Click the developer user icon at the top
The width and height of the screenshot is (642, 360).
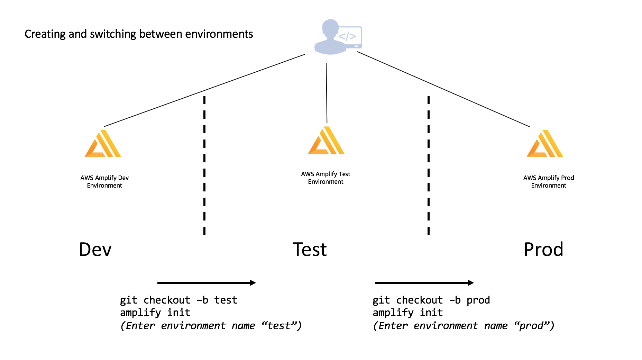coord(338,37)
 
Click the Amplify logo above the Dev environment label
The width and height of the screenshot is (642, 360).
coord(103,144)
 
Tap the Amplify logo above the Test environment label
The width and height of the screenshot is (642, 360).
coord(326,140)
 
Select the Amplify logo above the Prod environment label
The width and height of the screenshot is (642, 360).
coord(545,144)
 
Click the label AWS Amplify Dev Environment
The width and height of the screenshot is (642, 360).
coord(104,182)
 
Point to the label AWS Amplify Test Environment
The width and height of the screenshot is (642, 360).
coord(325,178)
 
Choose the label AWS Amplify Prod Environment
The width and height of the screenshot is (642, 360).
coord(549,182)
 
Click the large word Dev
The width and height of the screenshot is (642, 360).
coord(95,250)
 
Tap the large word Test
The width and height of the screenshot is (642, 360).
coord(310,250)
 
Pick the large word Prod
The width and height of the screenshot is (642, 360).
coord(543,250)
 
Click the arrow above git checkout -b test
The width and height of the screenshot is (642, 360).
coord(207,283)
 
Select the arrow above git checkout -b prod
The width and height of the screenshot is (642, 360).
coord(424,283)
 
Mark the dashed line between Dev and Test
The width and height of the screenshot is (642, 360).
coord(204,165)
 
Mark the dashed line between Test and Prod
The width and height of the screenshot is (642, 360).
coord(429,165)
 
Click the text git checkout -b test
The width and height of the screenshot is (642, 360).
coord(178,300)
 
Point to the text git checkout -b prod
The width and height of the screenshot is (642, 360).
coord(431,300)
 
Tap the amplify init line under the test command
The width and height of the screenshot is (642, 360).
coord(155,313)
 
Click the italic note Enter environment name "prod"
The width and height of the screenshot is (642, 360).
coord(464,326)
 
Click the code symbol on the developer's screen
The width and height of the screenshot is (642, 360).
coord(347,36)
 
